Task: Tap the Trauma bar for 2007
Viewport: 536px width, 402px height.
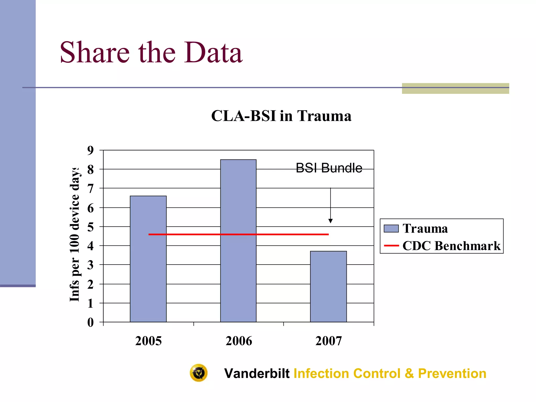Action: tap(328, 287)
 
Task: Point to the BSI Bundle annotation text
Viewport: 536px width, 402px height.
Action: tap(329, 168)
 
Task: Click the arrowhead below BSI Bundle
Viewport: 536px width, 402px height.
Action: tap(331, 221)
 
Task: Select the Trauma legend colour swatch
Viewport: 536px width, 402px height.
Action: tap(391, 228)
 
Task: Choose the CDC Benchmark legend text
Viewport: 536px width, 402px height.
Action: tap(451, 246)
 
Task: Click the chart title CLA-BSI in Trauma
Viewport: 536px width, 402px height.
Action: tap(281, 116)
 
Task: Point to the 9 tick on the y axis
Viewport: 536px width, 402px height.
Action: tap(91, 150)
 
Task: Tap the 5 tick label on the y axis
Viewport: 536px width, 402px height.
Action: tap(91, 227)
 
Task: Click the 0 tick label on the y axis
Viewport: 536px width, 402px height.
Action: tap(91, 322)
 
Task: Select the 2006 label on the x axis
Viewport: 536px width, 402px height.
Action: tap(239, 341)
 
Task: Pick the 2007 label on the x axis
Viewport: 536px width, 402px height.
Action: tap(328, 341)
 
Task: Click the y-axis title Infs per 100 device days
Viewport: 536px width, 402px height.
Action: tap(75, 234)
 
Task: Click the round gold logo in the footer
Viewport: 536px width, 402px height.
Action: tap(199, 373)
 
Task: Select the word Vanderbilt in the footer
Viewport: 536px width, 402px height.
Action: tap(257, 373)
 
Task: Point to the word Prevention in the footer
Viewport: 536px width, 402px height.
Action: tap(452, 373)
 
